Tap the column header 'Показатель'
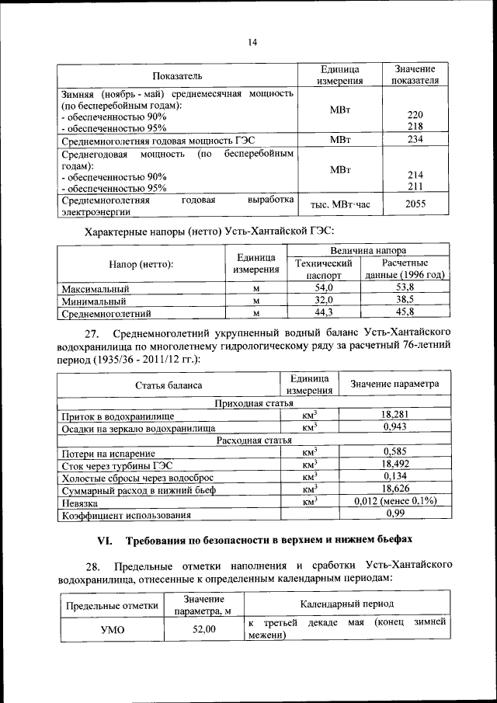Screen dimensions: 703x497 (177, 75)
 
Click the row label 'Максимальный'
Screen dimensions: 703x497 (96, 288)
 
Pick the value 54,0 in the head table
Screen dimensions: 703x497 (324, 288)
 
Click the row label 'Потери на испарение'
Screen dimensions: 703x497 (109, 453)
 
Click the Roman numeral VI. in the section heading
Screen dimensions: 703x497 (106, 539)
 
